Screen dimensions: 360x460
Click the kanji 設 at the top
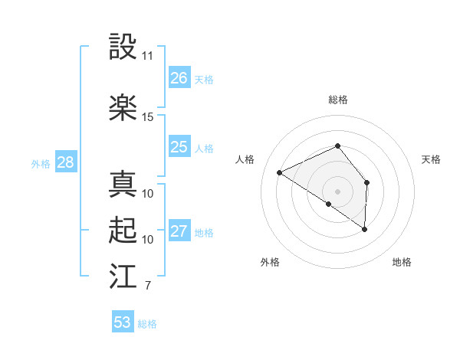point(123,47)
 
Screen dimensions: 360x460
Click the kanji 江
point(123,277)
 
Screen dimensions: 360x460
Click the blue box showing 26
point(179,78)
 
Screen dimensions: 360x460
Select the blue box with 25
point(179,147)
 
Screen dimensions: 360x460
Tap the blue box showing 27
point(179,231)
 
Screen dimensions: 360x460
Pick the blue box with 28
point(65,162)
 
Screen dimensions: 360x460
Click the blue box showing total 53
point(123,322)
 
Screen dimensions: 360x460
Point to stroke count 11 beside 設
point(148,56)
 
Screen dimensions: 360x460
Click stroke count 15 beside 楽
point(148,117)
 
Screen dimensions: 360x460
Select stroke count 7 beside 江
point(147,286)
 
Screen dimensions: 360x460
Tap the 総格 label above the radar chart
point(338,100)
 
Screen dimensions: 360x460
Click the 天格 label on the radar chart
point(432,159)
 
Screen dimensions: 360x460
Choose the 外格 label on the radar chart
point(270,262)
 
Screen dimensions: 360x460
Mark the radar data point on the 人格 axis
point(280,172)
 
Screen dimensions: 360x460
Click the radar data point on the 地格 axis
point(365,229)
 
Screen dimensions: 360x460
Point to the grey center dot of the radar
point(337,191)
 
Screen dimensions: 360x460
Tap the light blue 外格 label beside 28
point(41,163)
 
